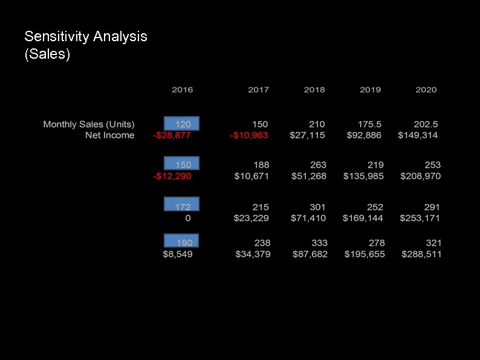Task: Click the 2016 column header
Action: click(182, 90)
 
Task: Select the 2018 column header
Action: click(314, 90)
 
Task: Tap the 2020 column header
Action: click(426, 90)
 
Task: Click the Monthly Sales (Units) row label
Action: click(89, 124)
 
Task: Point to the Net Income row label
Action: click(109, 135)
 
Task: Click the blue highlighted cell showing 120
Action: click(182, 123)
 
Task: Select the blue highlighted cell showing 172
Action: click(182, 205)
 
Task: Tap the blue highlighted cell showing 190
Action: click(182, 241)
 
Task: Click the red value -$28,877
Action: click(172, 135)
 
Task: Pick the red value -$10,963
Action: click(249, 135)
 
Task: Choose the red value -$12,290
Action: click(172, 176)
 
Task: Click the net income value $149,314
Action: click(418, 135)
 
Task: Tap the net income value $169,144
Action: click(363, 218)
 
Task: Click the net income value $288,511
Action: click(421, 254)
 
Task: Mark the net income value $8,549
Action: click(178, 254)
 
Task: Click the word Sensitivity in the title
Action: click(57, 36)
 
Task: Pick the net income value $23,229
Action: click(251, 218)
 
